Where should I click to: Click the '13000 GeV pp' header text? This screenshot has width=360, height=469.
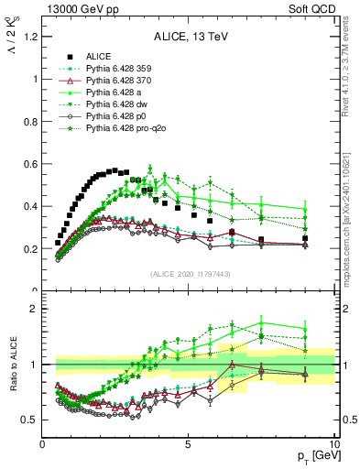point(76,9)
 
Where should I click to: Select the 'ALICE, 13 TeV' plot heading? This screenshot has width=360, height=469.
point(188,38)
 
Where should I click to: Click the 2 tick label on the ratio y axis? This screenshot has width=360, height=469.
point(35,309)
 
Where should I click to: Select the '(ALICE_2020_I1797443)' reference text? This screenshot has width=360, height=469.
point(188,275)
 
